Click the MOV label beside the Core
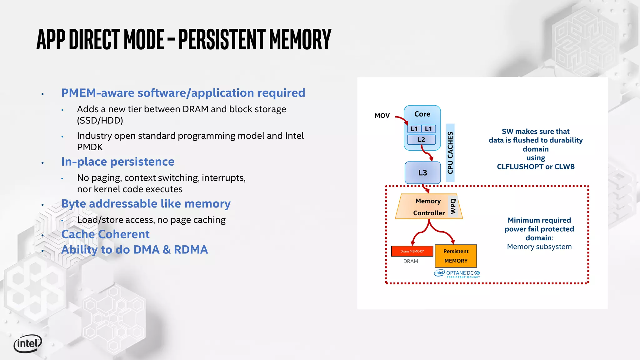coord(382,116)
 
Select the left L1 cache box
coord(414,129)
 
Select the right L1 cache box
coord(428,129)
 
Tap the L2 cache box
coord(421,140)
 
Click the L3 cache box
coord(422,172)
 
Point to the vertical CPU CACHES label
coord(450,153)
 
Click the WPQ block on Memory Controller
coord(453,206)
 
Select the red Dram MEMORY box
coord(412,251)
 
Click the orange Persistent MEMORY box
coord(456,256)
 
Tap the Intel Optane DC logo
coord(457,274)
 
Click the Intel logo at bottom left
coord(27,344)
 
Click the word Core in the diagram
coord(422,114)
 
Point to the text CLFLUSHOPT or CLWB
coord(536,167)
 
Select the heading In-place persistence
coord(117,162)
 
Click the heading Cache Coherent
coord(105,234)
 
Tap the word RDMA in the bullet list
coord(191,250)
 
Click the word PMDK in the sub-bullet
coord(90,147)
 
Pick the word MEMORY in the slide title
coord(300,39)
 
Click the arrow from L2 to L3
coord(426,153)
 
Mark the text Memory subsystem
coord(539,247)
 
